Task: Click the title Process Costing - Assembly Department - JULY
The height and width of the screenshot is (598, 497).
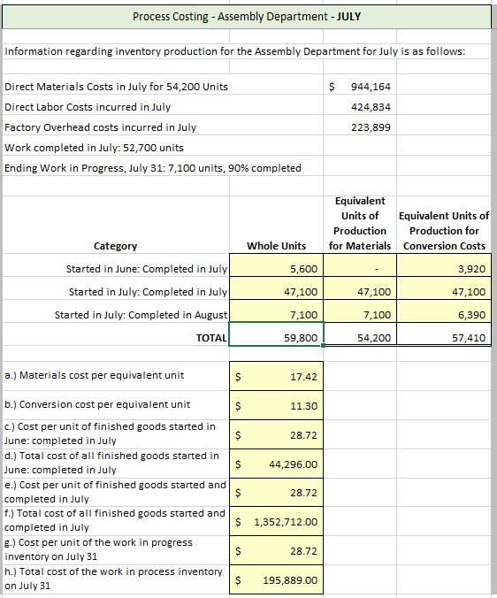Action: (247, 17)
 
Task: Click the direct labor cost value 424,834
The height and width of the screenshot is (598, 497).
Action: (371, 107)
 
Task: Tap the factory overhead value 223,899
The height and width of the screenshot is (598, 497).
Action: (371, 127)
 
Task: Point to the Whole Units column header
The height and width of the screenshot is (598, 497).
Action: (276, 245)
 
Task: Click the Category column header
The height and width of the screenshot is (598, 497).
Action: (115, 246)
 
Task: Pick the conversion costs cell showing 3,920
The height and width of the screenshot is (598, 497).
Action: (469, 269)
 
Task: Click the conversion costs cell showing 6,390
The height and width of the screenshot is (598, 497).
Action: (469, 314)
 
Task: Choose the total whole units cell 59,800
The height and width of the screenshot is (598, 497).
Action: (300, 337)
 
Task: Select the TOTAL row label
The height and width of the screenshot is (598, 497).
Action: (211, 337)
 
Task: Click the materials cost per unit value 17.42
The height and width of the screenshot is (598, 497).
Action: (303, 376)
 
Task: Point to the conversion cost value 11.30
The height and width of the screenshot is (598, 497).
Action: (303, 406)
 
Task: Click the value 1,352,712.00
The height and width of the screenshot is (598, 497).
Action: (286, 522)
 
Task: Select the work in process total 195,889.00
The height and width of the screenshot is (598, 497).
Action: (291, 580)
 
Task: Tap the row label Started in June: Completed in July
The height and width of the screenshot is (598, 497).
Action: (147, 269)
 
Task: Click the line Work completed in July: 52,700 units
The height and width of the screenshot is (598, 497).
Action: (94, 148)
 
